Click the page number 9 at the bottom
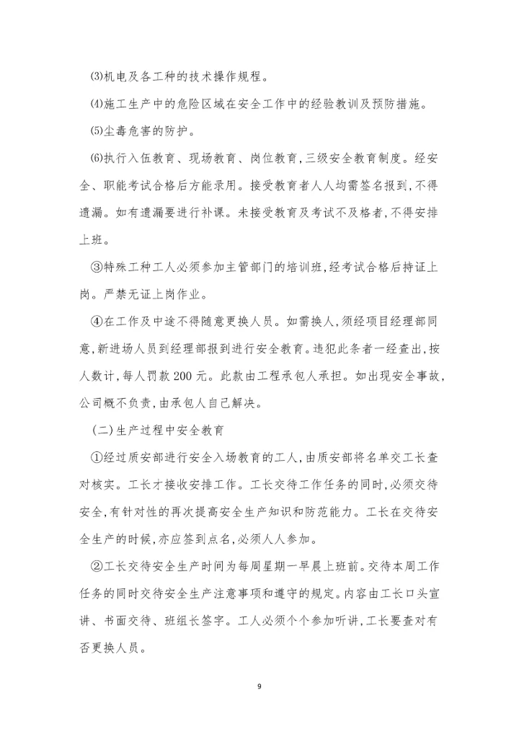click(x=259, y=686)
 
